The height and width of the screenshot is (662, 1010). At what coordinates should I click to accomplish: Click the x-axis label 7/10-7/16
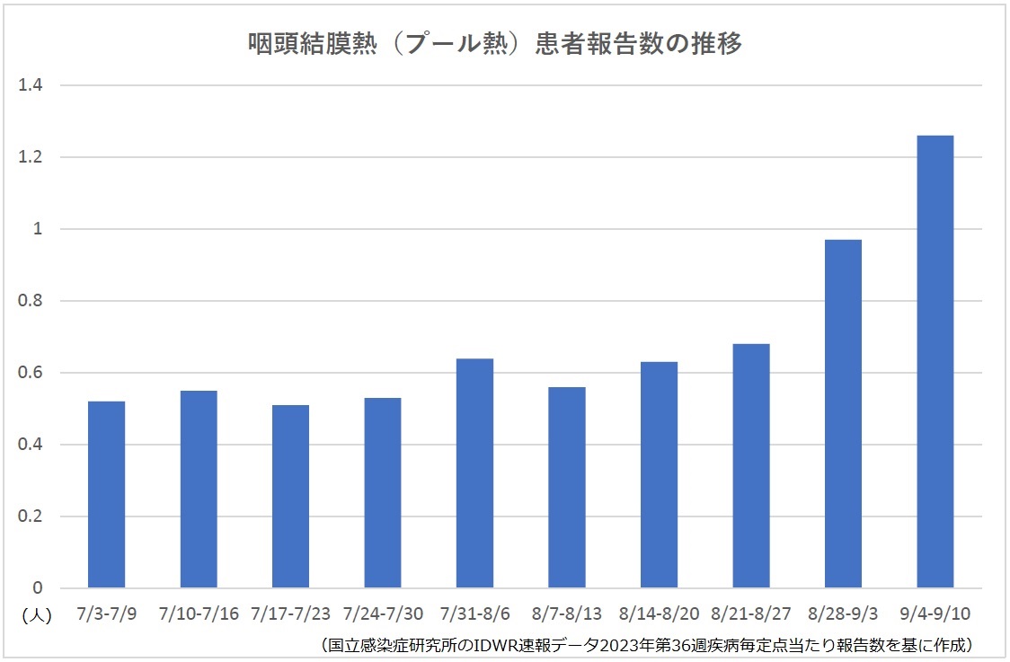pos(199,614)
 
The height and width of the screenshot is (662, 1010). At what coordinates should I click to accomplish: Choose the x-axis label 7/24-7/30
pos(383,614)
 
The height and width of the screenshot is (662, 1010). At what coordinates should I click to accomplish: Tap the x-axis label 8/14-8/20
pos(659,614)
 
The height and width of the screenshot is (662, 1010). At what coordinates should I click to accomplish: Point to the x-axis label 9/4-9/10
pos(935,614)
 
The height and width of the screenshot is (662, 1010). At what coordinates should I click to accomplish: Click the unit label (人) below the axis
pos(36,615)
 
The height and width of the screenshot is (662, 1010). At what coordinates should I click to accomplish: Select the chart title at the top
pos(495,43)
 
